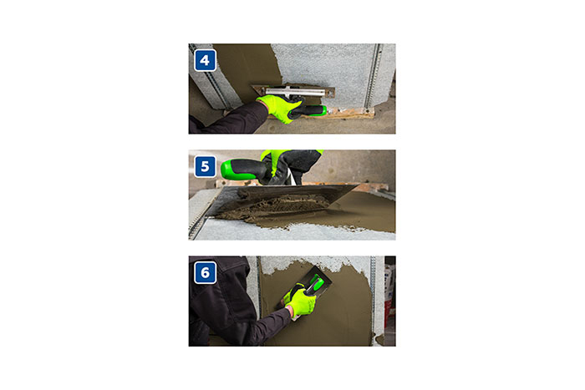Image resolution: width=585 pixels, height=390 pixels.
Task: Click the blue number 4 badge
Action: tap(205, 60)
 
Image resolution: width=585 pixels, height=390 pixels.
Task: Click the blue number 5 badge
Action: tap(205, 166)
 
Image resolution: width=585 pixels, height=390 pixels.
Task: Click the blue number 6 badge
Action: tap(205, 272)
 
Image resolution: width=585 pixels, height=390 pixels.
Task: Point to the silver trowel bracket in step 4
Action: tap(291, 91)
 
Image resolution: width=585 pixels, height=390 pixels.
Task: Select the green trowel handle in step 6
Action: tap(315, 284)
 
